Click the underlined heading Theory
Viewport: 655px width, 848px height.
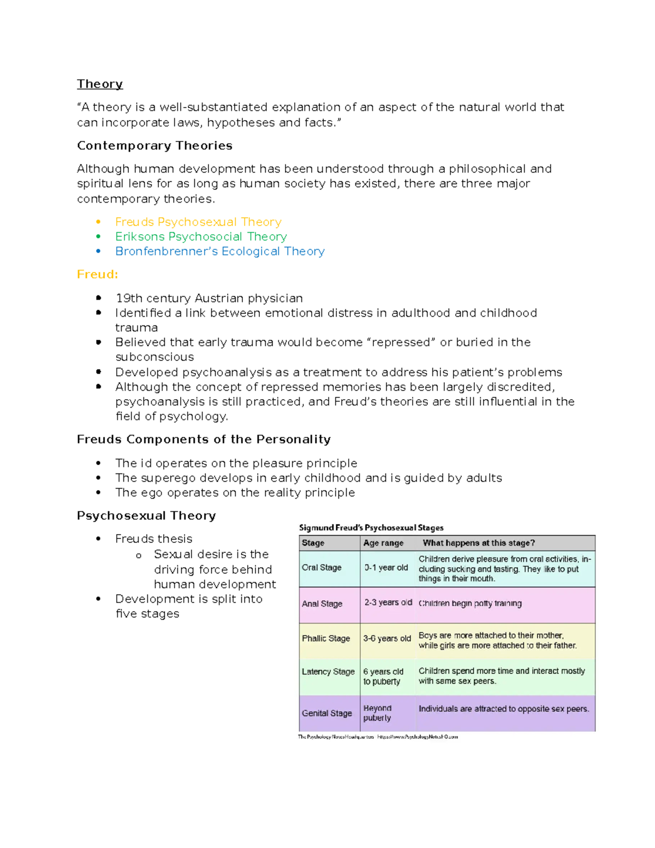tap(100, 84)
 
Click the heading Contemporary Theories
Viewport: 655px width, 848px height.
tap(154, 146)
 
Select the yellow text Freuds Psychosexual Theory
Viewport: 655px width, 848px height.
tap(198, 222)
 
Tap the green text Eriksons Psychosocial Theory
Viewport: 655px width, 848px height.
tap(201, 237)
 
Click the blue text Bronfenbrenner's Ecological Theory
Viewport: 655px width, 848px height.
tap(220, 252)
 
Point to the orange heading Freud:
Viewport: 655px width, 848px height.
tap(98, 275)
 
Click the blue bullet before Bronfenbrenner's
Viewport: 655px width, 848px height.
tap(98, 251)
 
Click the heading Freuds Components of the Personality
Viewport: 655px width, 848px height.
tap(204, 440)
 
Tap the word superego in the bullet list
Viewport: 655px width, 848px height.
tap(168, 478)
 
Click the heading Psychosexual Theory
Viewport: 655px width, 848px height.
tap(146, 516)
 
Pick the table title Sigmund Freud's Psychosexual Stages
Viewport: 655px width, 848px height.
tap(371, 528)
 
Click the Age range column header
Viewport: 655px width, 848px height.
tap(383, 543)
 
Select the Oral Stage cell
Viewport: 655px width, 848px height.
tap(321, 568)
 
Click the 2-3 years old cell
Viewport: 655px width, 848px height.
tap(388, 603)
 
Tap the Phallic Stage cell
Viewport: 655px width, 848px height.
tap(326, 639)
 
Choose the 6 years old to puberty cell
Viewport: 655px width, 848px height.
tap(383, 677)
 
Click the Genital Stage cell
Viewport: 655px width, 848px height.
tap(327, 714)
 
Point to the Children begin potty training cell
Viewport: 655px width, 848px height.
tap(470, 604)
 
